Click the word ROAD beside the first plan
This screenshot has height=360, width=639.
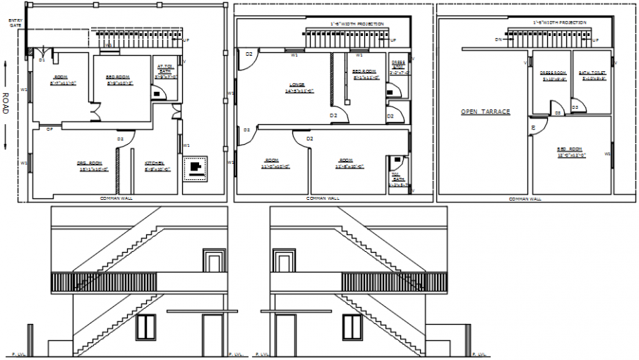6,105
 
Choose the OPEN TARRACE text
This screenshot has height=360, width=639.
485,112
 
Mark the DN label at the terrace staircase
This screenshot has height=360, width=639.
498,39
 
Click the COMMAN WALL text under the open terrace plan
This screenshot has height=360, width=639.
524,198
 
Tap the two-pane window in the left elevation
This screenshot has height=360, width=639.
147,328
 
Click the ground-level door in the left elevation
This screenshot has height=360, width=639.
212,335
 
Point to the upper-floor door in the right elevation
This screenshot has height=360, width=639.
284,261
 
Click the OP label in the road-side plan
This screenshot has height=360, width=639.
50,129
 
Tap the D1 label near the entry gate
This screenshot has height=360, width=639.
42,60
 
